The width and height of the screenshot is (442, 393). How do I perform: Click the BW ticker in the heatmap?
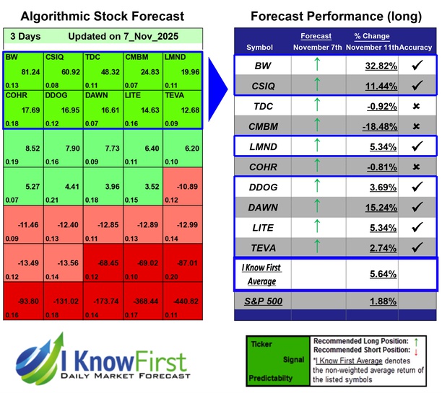click(x=11, y=56)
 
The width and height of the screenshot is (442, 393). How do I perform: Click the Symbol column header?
click(x=260, y=47)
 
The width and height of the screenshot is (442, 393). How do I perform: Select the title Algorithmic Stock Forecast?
click(x=102, y=16)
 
